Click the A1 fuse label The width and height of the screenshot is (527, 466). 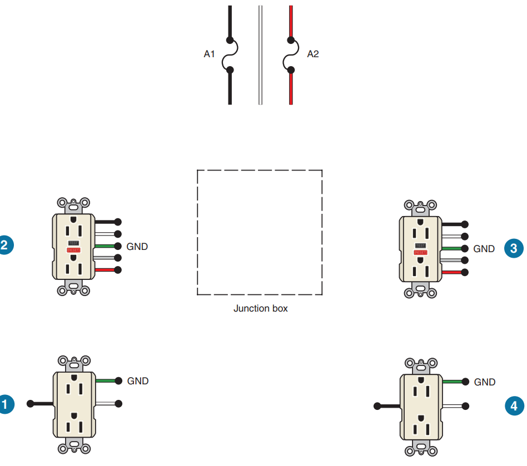[x=209, y=54]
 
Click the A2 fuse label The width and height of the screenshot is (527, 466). [x=313, y=54]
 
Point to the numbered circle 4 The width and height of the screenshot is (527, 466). [x=514, y=407]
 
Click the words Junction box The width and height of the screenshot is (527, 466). [x=260, y=308]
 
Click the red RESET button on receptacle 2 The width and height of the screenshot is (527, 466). [x=73, y=250]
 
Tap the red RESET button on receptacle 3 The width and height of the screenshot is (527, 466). [x=420, y=253]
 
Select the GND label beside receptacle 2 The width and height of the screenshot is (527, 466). [x=137, y=246]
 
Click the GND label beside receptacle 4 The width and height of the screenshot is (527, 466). [x=485, y=382]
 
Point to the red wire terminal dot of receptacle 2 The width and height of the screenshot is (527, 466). [x=118, y=270]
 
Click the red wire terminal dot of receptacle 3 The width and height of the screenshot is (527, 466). [x=465, y=272]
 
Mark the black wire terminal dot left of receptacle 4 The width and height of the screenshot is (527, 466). [x=377, y=406]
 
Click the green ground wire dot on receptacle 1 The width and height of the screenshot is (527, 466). [x=118, y=381]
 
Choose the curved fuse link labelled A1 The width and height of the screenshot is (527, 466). [x=227, y=54]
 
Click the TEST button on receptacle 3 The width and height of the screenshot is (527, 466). [x=420, y=245]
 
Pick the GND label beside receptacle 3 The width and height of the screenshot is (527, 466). [x=484, y=249]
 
